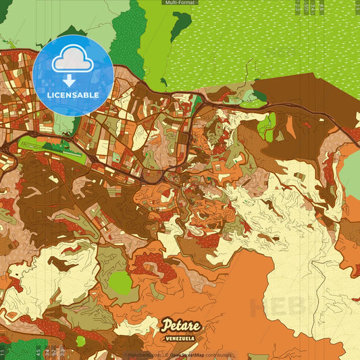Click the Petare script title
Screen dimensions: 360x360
(181, 326)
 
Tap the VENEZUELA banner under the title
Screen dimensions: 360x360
(180, 338)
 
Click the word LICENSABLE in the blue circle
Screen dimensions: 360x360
(72, 95)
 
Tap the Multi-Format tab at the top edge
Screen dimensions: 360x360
(180, 3)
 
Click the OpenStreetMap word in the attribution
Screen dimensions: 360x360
(186, 355)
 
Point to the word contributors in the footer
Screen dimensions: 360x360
(218, 355)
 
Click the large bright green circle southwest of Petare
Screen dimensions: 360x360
(120, 282)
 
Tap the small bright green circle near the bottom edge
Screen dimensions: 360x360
(80, 341)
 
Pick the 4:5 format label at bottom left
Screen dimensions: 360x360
(38, 352)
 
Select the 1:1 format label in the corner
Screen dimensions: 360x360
(4, 352)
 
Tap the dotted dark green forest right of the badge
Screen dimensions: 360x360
(128, 37)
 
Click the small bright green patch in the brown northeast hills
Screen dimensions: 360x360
(267, 126)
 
